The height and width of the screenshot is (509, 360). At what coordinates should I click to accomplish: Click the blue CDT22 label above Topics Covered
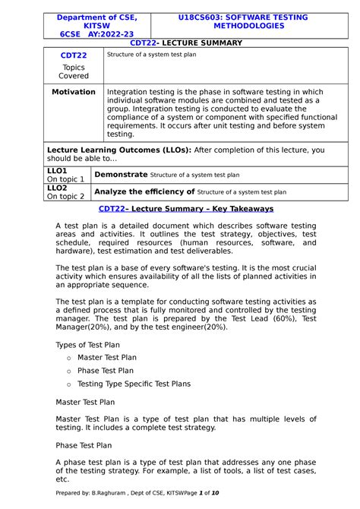[74, 56]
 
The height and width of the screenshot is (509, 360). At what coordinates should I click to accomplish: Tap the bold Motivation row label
[74, 92]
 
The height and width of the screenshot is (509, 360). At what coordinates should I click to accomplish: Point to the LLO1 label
[57, 172]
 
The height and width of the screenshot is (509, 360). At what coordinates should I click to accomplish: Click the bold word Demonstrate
[122, 174]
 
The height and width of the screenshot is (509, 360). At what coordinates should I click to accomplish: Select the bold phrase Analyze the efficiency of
[145, 191]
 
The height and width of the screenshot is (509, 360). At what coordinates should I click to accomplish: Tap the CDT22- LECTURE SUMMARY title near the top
[186, 43]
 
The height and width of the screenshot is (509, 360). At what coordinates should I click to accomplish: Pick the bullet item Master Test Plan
[107, 357]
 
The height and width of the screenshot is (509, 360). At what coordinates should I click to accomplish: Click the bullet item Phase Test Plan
[106, 371]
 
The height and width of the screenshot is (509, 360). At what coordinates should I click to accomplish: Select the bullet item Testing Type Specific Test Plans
[134, 384]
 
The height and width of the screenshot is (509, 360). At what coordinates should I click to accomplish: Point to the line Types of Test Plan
[88, 344]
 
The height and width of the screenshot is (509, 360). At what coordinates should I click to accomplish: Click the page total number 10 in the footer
[215, 493]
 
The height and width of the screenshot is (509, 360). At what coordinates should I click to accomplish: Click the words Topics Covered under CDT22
[74, 71]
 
